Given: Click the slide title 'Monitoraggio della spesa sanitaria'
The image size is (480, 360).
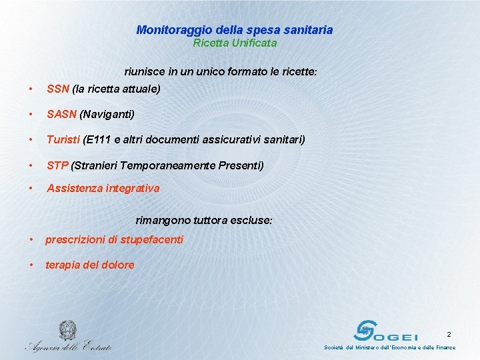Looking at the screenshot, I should [x=234, y=30].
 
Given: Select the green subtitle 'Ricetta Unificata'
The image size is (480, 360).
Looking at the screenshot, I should [x=235, y=43].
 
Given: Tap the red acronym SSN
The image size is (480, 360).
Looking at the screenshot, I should [x=58, y=89].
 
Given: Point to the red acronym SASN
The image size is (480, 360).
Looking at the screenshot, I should [x=61, y=115].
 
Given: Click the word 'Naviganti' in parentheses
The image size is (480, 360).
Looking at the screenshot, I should [x=107, y=115].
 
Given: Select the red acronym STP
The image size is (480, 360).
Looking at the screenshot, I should [x=57, y=165].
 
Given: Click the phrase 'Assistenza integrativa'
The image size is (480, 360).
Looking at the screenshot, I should [x=103, y=189].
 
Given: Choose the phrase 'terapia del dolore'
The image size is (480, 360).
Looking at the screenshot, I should [x=89, y=265].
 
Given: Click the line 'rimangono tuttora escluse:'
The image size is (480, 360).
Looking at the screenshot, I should [x=204, y=220].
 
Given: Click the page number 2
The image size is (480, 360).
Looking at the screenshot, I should [x=449, y=334].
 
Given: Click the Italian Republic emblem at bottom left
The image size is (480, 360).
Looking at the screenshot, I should [x=67, y=331].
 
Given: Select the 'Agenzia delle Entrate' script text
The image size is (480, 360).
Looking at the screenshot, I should [x=68, y=345].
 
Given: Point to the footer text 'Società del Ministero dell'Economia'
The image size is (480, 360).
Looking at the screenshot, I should [x=373, y=347].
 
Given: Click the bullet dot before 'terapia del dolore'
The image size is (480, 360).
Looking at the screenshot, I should [x=31, y=265].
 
